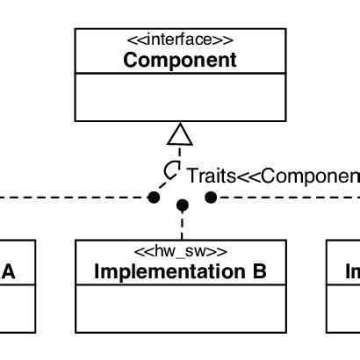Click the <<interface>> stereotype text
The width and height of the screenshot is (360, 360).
[180, 40]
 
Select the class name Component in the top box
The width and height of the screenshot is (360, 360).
[180, 61]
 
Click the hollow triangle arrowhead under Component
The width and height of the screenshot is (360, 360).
[180, 133]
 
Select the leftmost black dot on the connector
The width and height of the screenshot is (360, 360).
[154, 198]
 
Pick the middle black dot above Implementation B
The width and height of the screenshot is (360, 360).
[182, 205]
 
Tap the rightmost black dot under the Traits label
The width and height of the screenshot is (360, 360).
[211, 198]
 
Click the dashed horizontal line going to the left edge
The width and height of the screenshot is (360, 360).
[70, 198]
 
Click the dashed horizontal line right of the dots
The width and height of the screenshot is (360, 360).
[290, 198]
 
